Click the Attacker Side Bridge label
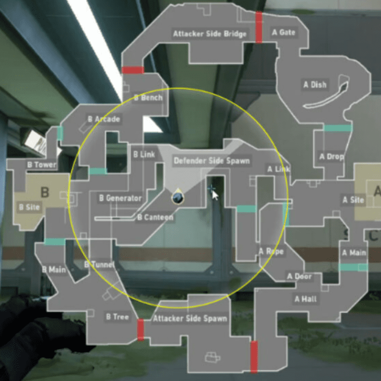210,34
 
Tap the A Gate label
283,32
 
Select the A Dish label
315,85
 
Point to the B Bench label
148,98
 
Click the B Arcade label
104,119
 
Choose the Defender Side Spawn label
211,160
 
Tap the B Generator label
120,198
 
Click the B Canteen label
155,217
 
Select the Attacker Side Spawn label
190,318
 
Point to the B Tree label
117,317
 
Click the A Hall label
305,299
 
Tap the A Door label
299,276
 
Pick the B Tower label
42,165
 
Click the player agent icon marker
178,198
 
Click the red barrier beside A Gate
259,27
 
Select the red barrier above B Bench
133,70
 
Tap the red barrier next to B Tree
140,330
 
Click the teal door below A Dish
338,128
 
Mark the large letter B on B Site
45,192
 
